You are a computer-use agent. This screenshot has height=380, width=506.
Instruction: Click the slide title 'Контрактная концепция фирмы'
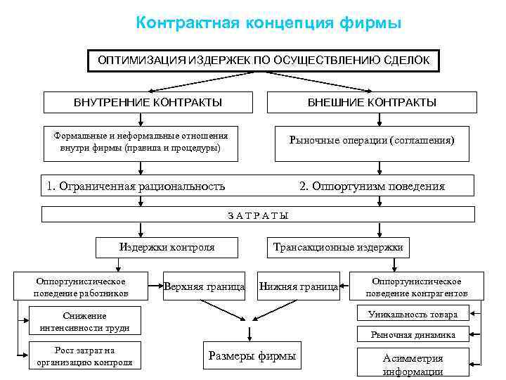click(269, 23)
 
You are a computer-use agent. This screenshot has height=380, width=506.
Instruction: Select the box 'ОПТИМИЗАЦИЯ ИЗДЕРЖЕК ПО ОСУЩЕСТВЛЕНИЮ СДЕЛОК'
click(264, 61)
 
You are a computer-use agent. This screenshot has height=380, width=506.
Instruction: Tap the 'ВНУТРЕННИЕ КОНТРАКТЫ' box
click(148, 103)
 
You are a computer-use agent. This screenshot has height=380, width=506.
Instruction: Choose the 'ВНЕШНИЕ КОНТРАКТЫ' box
click(372, 103)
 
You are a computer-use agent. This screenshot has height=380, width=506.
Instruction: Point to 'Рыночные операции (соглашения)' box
click(372, 140)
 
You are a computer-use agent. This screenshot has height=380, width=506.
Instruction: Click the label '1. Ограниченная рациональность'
click(136, 186)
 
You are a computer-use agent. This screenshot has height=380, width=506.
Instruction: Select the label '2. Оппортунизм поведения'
click(372, 186)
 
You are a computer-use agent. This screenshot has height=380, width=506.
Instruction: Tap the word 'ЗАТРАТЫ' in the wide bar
click(258, 215)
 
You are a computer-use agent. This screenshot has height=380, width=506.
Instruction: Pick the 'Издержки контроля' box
click(167, 247)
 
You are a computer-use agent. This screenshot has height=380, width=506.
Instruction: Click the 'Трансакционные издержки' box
click(338, 247)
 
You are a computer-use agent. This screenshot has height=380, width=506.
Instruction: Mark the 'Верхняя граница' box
click(204, 286)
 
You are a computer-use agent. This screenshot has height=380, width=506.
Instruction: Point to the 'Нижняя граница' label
click(299, 286)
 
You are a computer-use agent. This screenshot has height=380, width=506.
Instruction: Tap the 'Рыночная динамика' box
click(413, 334)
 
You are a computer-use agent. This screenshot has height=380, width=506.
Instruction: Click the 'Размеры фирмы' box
click(252, 355)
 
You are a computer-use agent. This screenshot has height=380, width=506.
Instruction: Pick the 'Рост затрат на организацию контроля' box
click(84, 356)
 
